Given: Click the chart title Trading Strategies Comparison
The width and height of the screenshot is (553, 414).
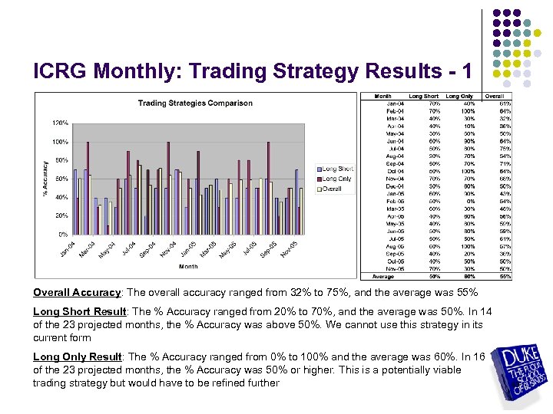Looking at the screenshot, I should [194, 103].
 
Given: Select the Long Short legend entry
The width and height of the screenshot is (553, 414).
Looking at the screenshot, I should [336, 169].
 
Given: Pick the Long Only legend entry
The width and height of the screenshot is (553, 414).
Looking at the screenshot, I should [336, 179].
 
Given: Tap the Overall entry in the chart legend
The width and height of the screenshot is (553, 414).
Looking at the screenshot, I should [332, 189].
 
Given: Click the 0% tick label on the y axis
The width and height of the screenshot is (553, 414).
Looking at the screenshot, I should [63, 234].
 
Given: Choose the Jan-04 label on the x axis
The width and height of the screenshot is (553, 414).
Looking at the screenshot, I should [67, 249].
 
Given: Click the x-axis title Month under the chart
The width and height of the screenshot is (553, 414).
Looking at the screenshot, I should [188, 267].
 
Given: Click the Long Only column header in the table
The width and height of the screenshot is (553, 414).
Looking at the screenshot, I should [459, 97].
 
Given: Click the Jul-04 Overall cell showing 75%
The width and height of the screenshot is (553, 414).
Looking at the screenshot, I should [504, 149].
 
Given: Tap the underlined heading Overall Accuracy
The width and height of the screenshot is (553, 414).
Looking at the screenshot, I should [77, 292].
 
